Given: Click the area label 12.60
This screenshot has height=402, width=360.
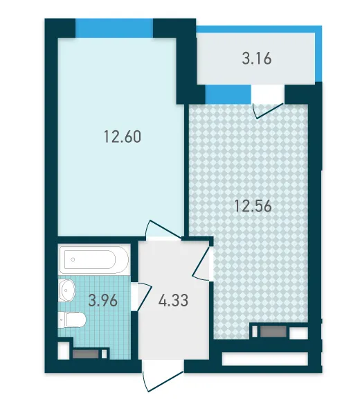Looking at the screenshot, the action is click(123, 137).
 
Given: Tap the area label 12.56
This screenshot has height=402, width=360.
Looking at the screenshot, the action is click(253, 206).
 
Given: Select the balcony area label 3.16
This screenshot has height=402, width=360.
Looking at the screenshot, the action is click(257, 58).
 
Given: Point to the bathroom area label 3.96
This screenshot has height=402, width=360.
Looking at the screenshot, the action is click(102, 300).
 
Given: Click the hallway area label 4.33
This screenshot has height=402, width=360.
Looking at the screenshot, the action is click(173, 300).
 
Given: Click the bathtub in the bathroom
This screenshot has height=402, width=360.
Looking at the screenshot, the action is click(93, 260).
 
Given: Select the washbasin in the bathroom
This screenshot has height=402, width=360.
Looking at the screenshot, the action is click(66, 290).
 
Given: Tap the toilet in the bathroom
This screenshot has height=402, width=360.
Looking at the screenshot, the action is click(72, 320).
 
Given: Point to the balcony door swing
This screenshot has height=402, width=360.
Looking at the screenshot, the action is click(267, 111).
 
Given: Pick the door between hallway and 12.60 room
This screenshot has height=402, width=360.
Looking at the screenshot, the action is click(163, 229).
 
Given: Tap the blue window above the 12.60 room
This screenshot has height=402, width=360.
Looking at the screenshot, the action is click(114, 28).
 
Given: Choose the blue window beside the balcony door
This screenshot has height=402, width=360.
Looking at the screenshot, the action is click(228, 94).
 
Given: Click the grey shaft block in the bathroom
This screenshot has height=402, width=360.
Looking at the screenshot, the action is click(86, 354).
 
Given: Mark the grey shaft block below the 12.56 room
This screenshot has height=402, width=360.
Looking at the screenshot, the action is click(273, 331).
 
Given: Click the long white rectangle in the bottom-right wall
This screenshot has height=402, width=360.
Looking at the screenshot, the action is click(264, 358).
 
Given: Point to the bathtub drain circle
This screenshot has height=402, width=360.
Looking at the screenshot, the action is click(73, 259).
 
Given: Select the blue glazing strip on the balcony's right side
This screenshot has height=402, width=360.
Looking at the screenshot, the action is click(318, 54).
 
